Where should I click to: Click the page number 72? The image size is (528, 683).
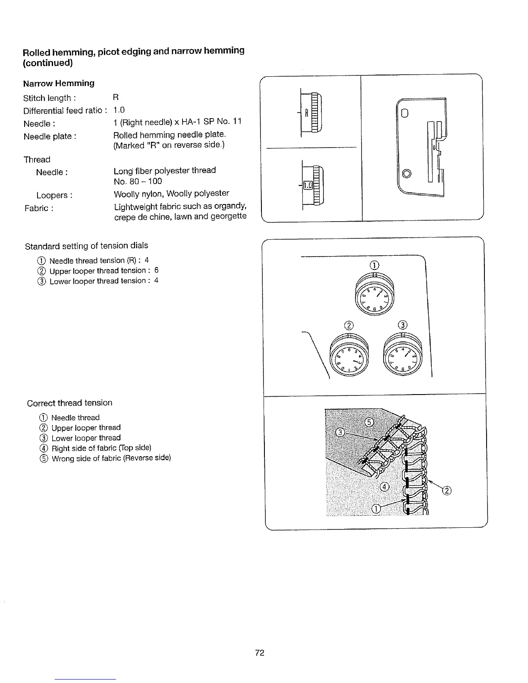(259, 653)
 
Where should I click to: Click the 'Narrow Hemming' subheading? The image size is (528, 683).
(59, 83)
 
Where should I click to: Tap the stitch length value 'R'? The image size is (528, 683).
(116, 97)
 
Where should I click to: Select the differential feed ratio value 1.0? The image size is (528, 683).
(119, 110)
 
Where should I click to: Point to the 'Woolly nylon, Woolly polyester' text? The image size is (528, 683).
(171, 193)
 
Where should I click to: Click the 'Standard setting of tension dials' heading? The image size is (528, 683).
(86, 246)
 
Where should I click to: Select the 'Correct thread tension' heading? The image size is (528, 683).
(69, 403)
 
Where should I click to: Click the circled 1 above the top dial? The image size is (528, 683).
(374, 264)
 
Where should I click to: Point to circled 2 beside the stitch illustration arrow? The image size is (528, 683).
(447, 491)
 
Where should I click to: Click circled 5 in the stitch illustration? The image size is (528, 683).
(369, 422)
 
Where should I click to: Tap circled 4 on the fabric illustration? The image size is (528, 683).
(384, 487)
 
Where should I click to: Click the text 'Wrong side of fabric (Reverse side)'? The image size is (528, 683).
(111, 458)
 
